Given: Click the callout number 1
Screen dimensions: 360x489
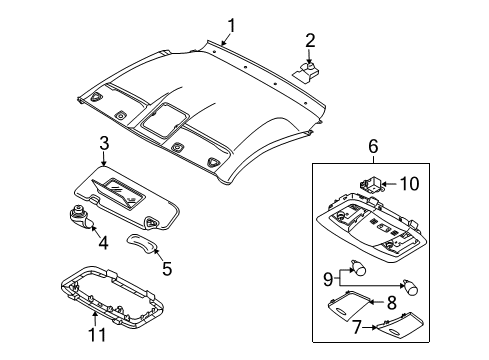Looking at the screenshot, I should pos(231,25).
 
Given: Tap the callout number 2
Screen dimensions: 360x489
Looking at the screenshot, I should pos(310,40).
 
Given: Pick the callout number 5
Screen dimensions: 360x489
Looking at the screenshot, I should pos(167,267).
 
